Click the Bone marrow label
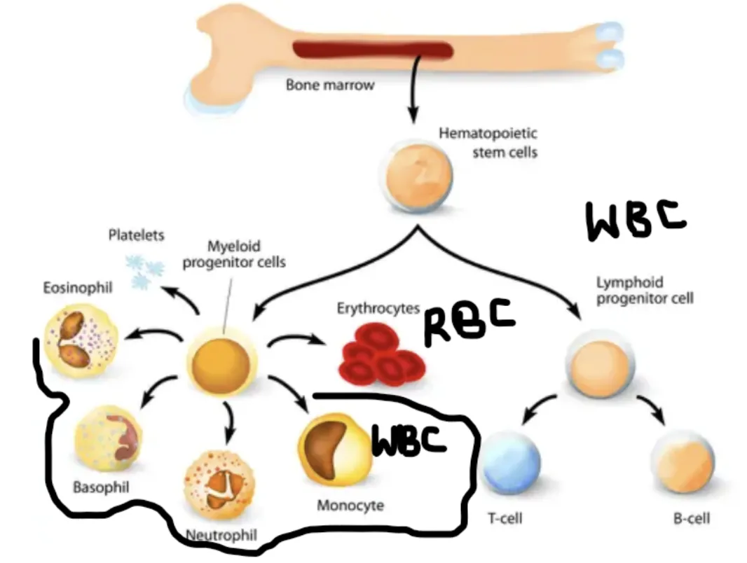pos(320,85)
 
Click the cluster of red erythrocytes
pos(381,358)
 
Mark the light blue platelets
pos(144,271)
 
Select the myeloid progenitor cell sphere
pos(220,362)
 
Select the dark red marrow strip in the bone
pos(371,50)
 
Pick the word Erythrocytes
pos(378,307)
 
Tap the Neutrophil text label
pos(221,536)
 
